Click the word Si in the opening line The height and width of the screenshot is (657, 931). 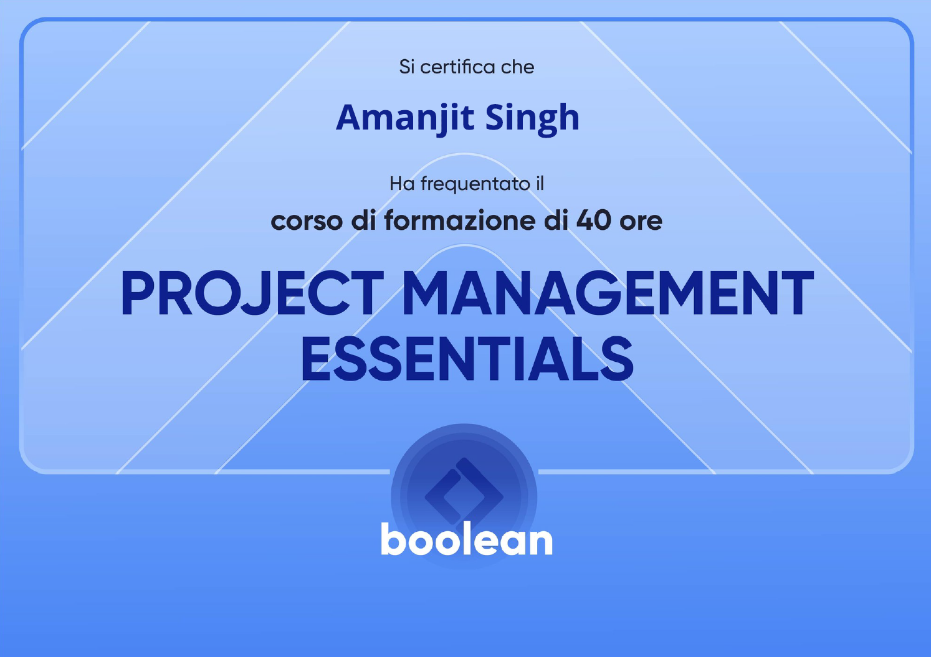click(406, 67)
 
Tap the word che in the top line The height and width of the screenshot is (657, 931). click(517, 67)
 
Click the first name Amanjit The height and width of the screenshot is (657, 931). click(405, 118)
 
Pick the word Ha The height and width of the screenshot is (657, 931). click(402, 184)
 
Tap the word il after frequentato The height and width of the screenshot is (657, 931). click(540, 183)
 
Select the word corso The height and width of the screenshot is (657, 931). click(307, 221)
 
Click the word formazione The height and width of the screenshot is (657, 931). click(461, 220)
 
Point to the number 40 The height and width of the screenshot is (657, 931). click(593, 220)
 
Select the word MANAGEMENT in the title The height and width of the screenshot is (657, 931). click(608, 293)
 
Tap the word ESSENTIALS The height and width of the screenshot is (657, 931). click(467, 359)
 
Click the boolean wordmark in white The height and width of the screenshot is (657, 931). click(467, 539)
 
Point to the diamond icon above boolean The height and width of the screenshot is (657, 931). click(464, 496)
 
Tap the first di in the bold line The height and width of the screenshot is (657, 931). click(364, 220)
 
